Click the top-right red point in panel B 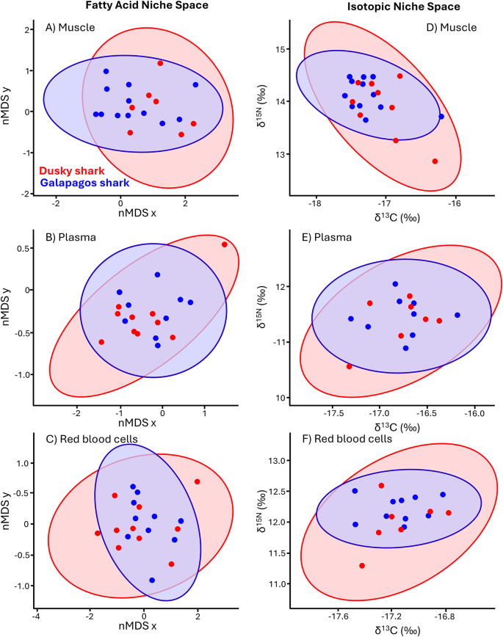[x=224, y=244]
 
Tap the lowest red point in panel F [x=362, y=566]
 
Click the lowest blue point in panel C [x=152, y=580]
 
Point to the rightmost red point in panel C [x=198, y=481]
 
